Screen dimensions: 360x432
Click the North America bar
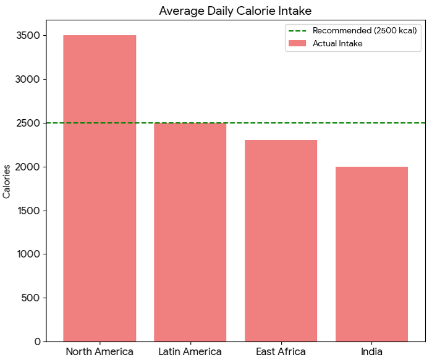pyautogui.click(x=100, y=188)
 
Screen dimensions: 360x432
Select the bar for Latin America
pyautogui.click(x=190, y=232)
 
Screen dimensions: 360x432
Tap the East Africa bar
pyautogui.click(x=281, y=241)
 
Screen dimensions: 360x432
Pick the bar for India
pyautogui.click(x=371, y=254)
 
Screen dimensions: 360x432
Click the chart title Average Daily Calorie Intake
pyautogui.click(x=235, y=10)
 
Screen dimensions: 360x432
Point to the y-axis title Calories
pyautogui.click(x=7, y=181)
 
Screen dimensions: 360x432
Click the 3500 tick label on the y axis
pyautogui.click(x=29, y=36)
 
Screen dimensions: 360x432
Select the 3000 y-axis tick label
pyautogui.click(x=29, y=80)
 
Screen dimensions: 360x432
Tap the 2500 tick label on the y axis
pyautogui.click(x=29, y=123)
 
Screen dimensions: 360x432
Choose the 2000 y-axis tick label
pyautogui.click(x=29, y=167)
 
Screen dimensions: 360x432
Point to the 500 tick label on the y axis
pyautogui.click(x=32, y=298)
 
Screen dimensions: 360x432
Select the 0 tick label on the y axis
pyautogui.click(x=38, y=341)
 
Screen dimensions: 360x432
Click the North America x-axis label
pyautogui.click(x=100, y=352)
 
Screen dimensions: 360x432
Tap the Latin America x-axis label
pyautogui.click(x=190, y=352)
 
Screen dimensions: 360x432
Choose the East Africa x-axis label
pyautogui.click(x=281, y=352)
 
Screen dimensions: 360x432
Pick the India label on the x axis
pyautogui.click(x=371, y=352)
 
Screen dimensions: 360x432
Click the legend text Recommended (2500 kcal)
pyautogui.click(x=365, y=30)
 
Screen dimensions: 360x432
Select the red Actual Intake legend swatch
pyautogui.click(x=297, y=43)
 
